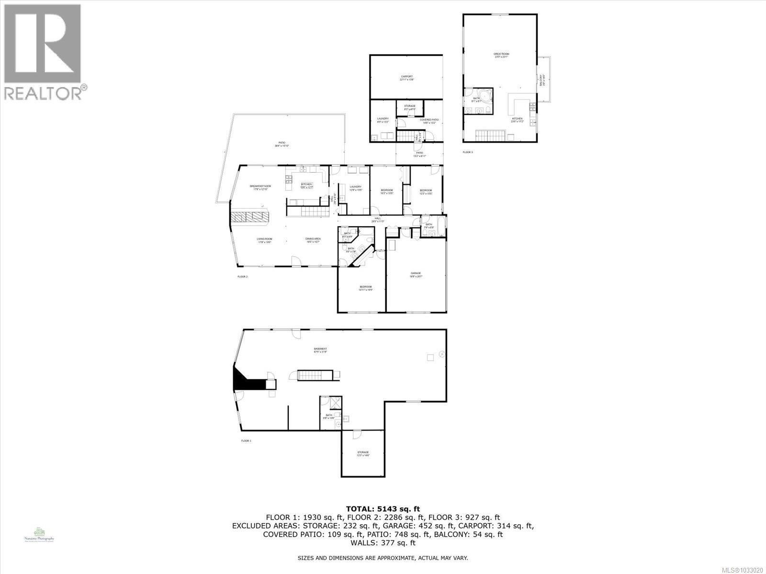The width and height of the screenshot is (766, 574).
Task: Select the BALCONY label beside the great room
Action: pyautogui.click(x=541, y=79)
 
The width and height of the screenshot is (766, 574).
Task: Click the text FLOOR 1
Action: pyautogui.click(x=246, y=441)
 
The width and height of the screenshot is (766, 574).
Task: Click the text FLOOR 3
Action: pyautogui.click(x=467, y=152)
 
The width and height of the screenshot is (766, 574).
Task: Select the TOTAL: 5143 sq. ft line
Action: pyautogui.click(x=383, y=509)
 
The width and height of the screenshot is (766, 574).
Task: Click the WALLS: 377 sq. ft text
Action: pyautogui.click(x=383, y=543)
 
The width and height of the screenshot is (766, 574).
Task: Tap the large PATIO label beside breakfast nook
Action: pyautogui.click(x=282, y=144)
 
